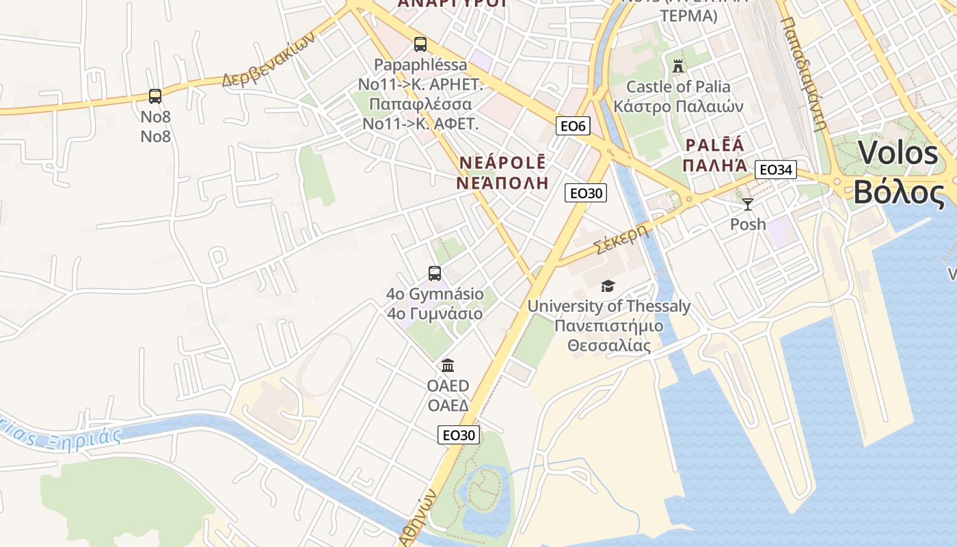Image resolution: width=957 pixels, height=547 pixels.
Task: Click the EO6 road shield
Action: [573, 126]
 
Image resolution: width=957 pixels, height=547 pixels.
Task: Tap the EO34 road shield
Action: [776, 170]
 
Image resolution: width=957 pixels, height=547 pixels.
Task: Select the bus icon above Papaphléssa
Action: [420, 44]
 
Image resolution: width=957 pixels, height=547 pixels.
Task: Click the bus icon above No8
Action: [155, 96]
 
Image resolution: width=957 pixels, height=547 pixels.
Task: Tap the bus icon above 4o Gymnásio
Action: [435, 273]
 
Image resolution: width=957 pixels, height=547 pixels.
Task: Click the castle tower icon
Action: [678, 66]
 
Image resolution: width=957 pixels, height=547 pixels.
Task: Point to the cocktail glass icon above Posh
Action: [748, 204]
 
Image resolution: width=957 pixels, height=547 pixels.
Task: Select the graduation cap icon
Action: [608, 286]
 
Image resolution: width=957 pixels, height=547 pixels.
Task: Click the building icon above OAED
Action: [448, 365]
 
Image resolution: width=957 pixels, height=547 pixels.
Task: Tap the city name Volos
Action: [898, 152]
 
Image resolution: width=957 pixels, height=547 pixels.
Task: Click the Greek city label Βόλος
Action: [899, 193]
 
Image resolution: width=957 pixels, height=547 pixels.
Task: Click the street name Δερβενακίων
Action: [268, 60]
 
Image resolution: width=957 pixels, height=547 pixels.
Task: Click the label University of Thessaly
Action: [608, 306]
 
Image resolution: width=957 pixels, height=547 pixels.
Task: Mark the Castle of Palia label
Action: [678, 87]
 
